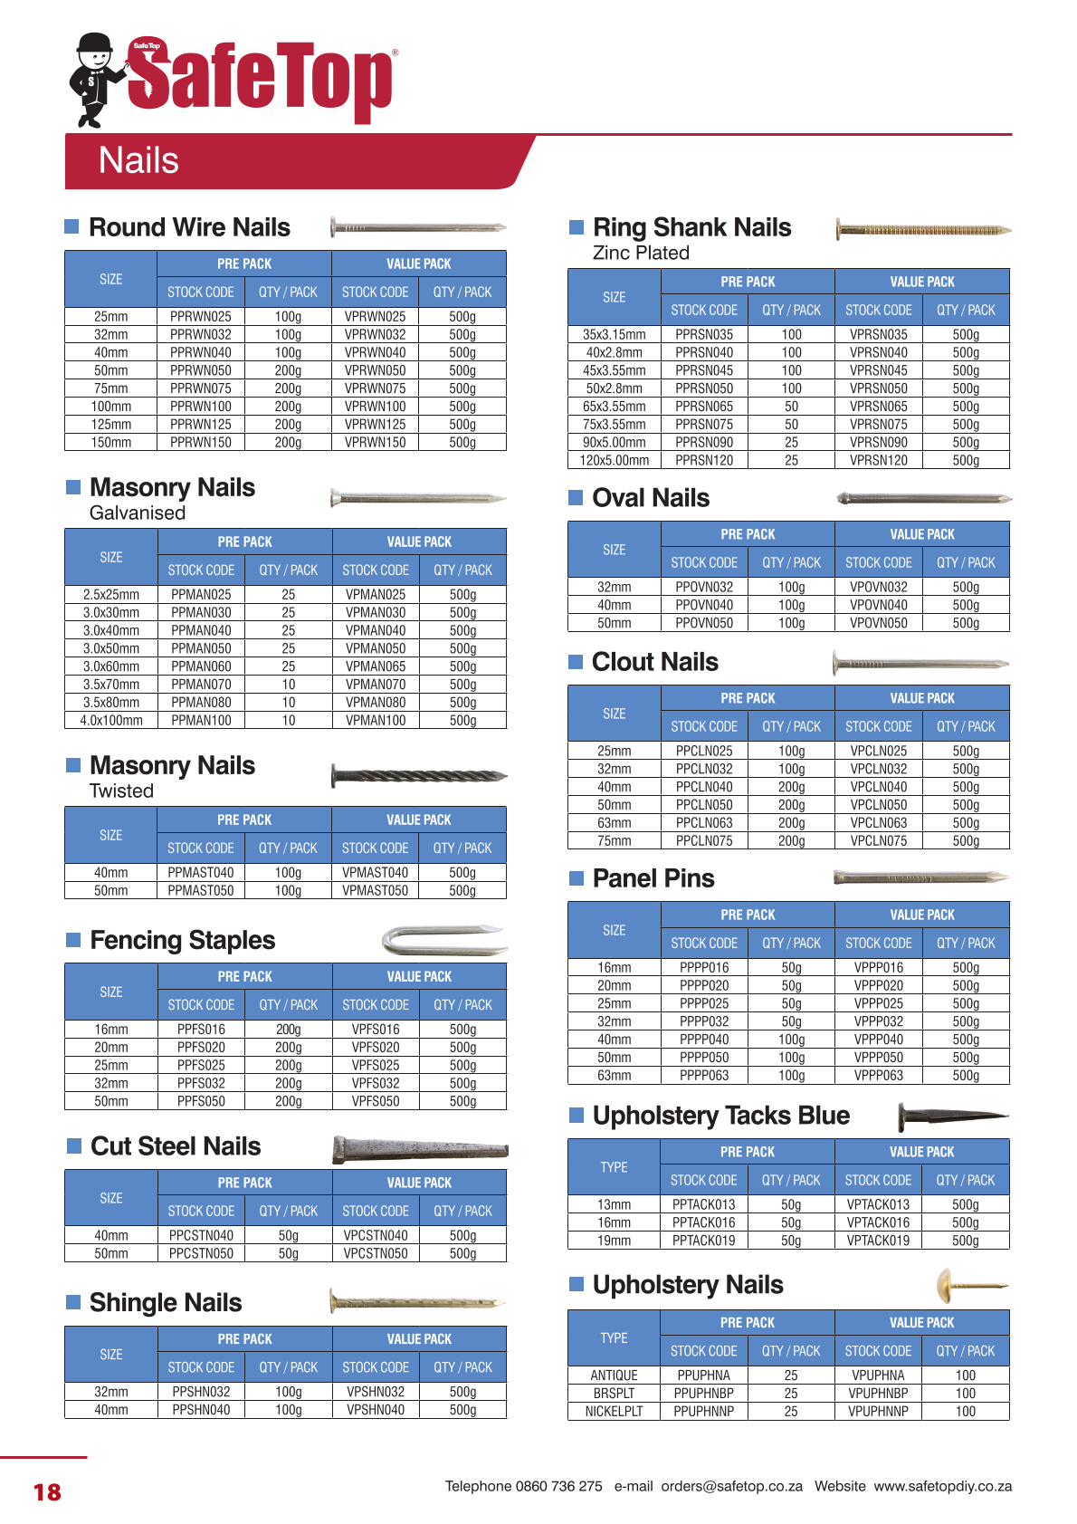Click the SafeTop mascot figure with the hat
tap(95, 80)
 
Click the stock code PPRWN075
tap(200, 388)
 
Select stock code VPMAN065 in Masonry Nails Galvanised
tap(376, 666)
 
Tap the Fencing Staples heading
tap(182, 940)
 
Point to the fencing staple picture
tap(443, 941)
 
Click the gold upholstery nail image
tap(969, 1285)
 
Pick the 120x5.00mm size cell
tap(614, 460)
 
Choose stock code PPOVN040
tap(704, 605)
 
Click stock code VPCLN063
tap(878, 823)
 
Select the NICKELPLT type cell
tap(614, 1411)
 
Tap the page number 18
tap(47, 1492)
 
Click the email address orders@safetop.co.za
tap(731, 1486)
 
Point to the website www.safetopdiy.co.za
tap(942, 1486)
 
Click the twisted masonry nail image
tap(418, 776)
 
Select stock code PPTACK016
tap(703, 1222)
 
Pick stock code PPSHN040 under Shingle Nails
tap(201, 1410)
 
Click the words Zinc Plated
tap(641, 253)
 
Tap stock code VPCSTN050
tap(376, 1253)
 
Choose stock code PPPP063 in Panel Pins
tap(704, 1076)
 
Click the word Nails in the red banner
tap(138, 160)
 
